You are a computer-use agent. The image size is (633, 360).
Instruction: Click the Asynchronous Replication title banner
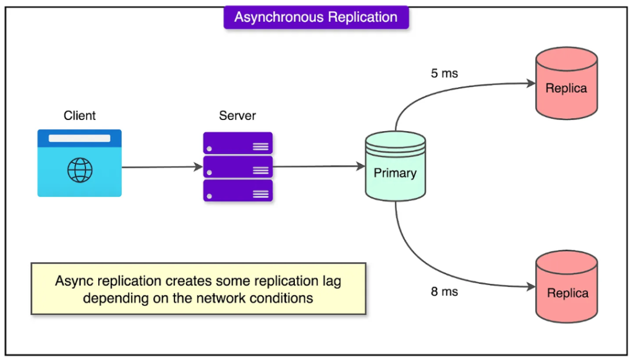(316, 17)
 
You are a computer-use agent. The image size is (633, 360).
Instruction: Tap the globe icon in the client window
(80, 170)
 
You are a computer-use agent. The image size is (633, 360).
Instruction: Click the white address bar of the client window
(80, 138)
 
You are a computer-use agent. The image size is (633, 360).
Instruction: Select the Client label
(80, 116)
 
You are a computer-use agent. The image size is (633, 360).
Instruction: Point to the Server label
(237, 116)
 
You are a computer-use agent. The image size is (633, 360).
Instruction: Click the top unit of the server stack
(238, 143)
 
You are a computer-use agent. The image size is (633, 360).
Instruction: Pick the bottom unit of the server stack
(238, 191)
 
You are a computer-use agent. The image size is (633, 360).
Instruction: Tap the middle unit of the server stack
(238, 167)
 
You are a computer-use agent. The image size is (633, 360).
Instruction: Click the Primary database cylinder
(395, 166)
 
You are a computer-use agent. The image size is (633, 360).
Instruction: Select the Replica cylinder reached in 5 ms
(566, 84)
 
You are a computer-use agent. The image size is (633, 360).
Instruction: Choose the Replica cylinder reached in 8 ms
(566, 286)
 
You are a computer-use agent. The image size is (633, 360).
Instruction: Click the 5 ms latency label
(444, 74)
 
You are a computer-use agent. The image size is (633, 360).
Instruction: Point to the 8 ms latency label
(444, 292)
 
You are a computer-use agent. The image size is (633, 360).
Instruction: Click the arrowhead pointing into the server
(198, 167)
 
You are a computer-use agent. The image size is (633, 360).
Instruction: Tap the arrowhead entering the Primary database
(361, 166)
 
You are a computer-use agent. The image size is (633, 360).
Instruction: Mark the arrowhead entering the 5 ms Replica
(531, 84)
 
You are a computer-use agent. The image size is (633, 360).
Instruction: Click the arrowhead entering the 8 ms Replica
(531, 287)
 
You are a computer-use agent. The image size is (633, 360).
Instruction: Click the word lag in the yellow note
(332, 281)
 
